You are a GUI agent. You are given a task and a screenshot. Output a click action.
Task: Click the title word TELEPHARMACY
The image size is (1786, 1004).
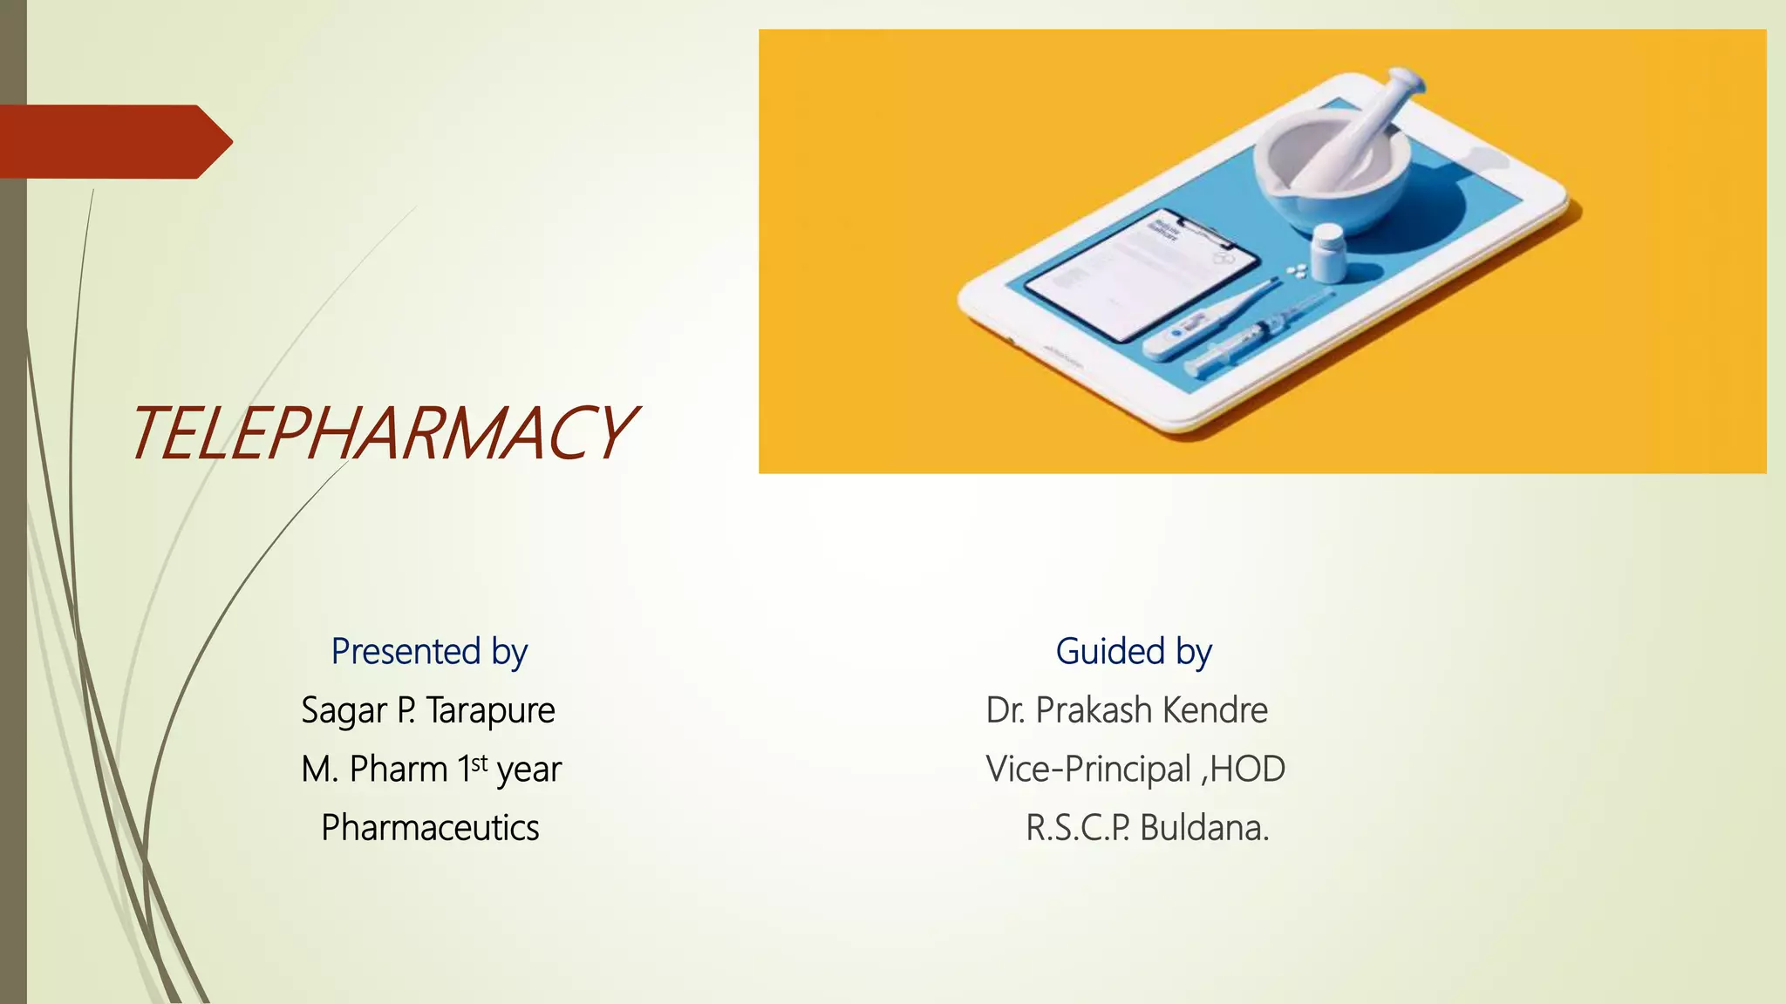click(384, 433)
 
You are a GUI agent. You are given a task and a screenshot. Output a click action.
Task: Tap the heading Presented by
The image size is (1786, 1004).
click(429, 652)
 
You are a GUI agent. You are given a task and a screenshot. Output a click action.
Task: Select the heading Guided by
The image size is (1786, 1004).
click(1133, 652)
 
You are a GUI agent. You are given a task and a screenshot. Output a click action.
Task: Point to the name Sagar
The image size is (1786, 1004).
click(344, 710)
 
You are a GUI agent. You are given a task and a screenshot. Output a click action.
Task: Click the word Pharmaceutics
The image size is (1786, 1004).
click(430, 828)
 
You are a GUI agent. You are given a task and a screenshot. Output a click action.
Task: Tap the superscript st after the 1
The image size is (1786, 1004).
click(480, 763)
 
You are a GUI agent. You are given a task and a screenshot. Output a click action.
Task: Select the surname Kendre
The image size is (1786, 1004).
click(1215, 710)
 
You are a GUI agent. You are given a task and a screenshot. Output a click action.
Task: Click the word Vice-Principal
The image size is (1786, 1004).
click(1088, 770)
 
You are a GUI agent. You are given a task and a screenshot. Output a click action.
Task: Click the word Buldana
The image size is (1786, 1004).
click(1203, 828)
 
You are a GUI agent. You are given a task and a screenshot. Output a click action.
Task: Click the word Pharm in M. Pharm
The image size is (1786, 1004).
click(399, 770)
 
